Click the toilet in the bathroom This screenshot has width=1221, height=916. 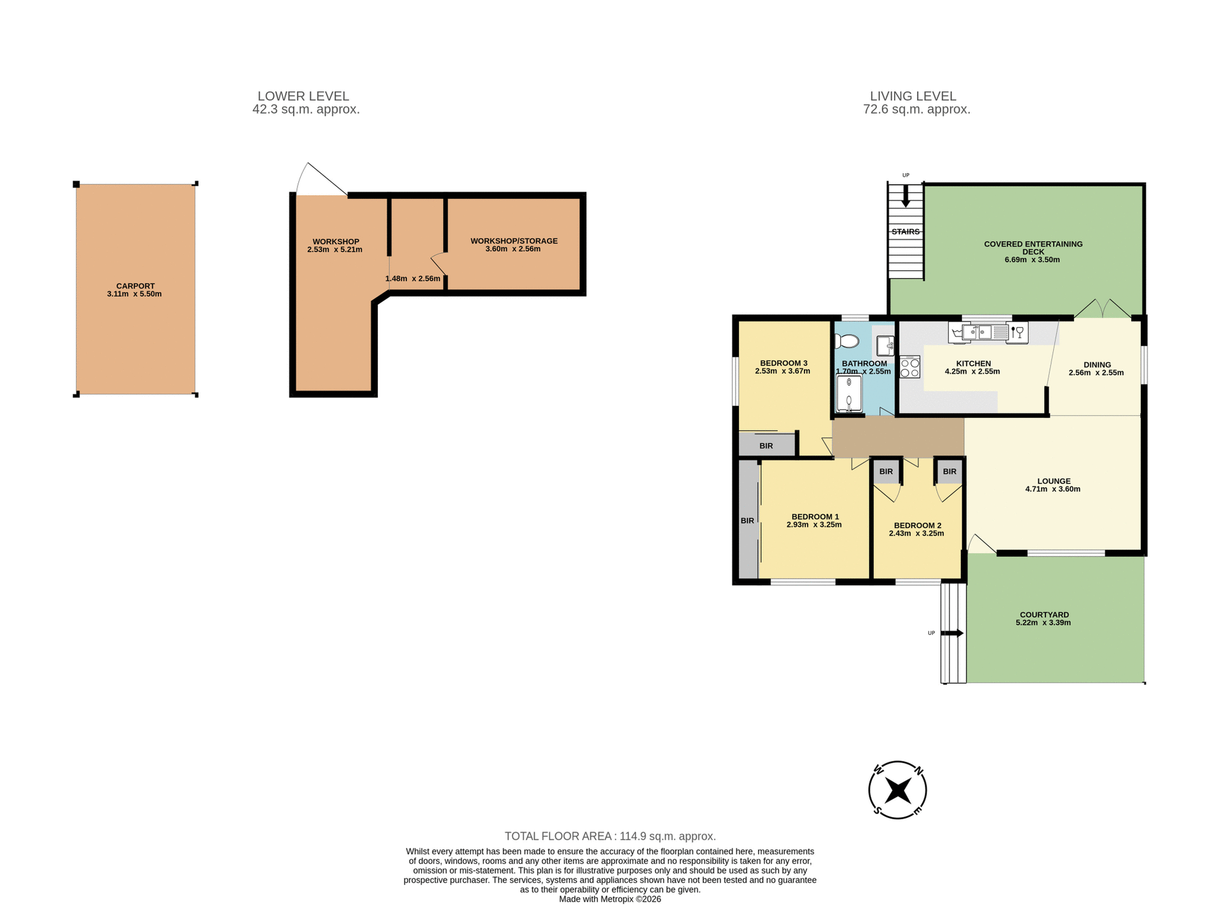(x=846, y=341)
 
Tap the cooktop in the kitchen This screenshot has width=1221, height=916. (x=909, y=368)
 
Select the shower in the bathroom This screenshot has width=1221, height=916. (x=849, y=394)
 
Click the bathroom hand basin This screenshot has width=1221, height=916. (x=885, y=345)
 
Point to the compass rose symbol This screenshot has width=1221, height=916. (x=897, y=790)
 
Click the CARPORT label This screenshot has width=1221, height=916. (x=135, y=286)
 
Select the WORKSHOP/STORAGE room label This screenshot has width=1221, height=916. (x=514, y=241)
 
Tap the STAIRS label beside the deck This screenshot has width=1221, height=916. (x=905, y=232)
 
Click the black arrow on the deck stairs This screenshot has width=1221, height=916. (x=906, y=197)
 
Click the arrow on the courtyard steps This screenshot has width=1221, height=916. (x=952, y=633)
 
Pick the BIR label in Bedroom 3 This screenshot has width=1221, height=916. (x=766, y=446)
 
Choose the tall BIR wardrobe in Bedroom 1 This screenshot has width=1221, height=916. (x=748, y=520)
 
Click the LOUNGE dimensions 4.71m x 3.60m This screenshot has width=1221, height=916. (x=1052, y=489)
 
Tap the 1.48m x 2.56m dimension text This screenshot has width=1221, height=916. (x=413, y=279)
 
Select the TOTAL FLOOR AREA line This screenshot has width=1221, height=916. (x=610, y=836)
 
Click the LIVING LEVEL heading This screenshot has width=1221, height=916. (x=913, y=96)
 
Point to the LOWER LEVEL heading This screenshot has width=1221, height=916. (x=303, y=96)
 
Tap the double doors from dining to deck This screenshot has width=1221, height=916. (x=1102, y=310)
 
